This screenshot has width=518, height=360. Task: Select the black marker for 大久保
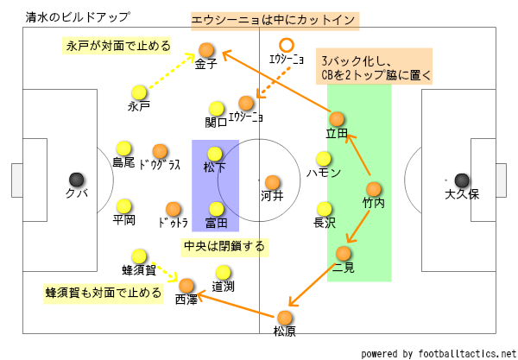(x=462, y=180)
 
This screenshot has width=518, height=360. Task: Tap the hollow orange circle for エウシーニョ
(x=286, y=46)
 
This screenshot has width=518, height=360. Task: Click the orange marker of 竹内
(x=373, y=189)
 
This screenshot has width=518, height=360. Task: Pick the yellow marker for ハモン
(x=324, y=159)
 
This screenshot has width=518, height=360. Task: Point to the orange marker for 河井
(x=272, y=182)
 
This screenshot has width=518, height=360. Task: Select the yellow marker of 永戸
(x=139, y=92)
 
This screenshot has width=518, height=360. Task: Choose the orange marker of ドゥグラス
(x=159, y=150)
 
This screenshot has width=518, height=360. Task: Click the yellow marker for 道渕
(x=223, y=273)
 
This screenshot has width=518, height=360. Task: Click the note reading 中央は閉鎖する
(x=224, y=246)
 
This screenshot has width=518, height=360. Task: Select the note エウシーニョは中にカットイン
(x=275, y=19)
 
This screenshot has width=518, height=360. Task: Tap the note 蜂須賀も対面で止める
(x=104, y=293)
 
